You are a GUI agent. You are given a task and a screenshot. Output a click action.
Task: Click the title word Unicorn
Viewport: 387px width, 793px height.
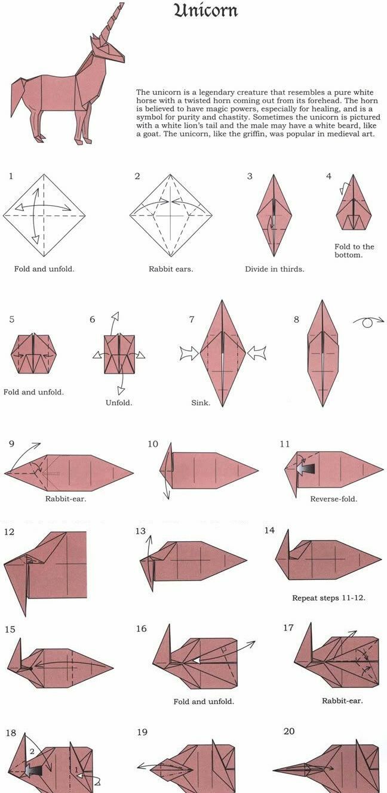[205, 11]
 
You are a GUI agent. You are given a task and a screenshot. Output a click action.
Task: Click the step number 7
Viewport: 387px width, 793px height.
[192, 319]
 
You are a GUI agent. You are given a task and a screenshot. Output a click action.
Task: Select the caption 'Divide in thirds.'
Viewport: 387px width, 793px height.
[275, 269]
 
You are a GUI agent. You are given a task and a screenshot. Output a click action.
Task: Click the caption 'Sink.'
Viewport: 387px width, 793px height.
[201, 403]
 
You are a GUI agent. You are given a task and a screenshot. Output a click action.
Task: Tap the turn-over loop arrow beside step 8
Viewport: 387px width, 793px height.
[368, 322]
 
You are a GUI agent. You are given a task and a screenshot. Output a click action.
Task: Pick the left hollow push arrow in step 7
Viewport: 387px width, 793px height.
[189, 353]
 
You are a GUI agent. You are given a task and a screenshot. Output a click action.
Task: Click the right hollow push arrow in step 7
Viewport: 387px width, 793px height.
[256, 353]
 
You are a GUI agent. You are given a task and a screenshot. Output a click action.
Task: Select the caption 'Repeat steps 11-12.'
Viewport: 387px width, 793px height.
[328, 598]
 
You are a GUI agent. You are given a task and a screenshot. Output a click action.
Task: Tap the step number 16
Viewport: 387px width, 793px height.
[141, 629]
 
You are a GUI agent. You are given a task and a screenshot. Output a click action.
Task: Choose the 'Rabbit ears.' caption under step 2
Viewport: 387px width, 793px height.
[171, 269]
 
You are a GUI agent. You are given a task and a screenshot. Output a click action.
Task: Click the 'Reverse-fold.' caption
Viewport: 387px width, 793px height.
[333, 499]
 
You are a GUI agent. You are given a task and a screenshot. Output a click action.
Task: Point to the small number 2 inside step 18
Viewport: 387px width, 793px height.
[32, 751]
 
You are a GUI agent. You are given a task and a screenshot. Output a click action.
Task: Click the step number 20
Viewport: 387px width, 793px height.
[289, 731]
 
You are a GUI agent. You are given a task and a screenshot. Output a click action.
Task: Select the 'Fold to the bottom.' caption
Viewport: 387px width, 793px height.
[354, 251]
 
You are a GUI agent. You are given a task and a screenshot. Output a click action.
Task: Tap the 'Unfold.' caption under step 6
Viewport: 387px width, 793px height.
[119, 403]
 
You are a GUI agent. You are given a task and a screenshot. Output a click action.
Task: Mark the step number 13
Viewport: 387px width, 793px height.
[141, 531]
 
